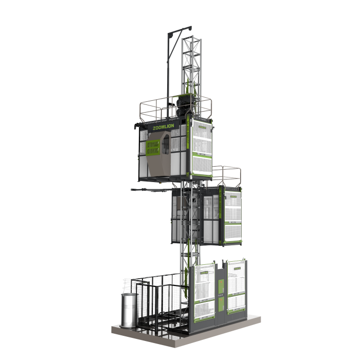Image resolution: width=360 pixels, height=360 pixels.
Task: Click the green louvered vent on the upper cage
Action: (x=153, y=148)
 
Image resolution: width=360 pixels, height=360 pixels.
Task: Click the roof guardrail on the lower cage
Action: (x=226, y=175)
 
